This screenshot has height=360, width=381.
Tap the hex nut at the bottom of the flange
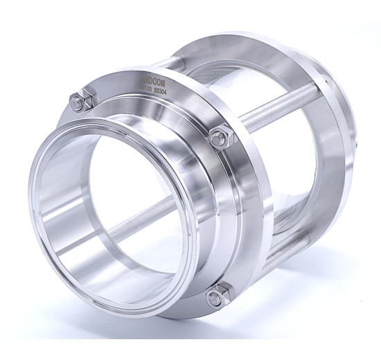pos(218,296)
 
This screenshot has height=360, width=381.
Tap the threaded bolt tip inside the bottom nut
pos(217,297)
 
